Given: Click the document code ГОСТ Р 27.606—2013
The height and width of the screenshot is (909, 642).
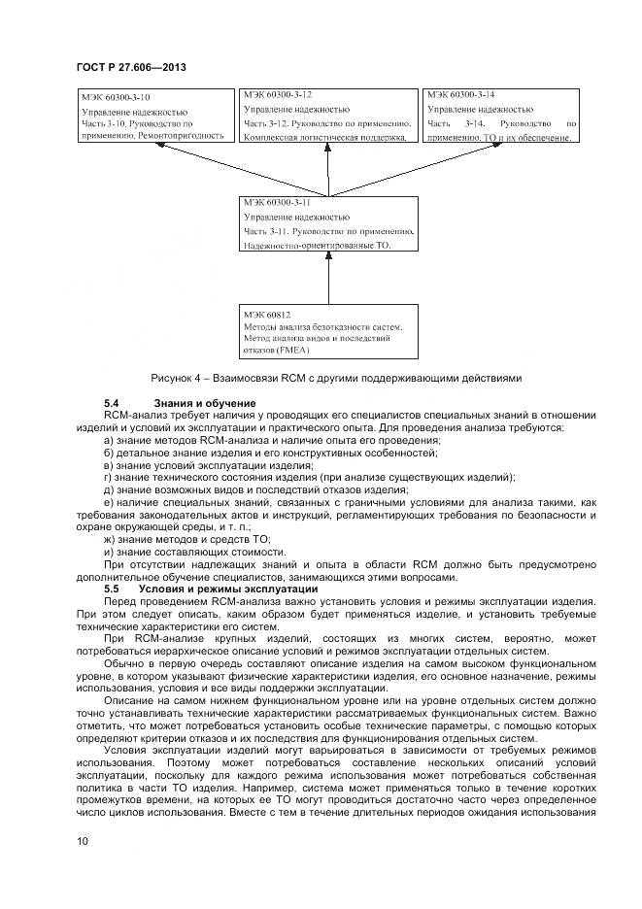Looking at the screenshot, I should (x=130, y=67).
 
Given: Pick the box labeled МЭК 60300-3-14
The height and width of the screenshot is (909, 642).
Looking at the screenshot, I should (x=501, y=117).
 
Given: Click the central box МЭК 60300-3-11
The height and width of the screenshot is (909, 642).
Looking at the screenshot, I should (x=329, y=225).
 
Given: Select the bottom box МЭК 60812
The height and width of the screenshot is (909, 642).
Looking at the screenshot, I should (x=329, y=333).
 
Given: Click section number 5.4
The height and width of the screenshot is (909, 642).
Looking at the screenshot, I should (x=111, y=402).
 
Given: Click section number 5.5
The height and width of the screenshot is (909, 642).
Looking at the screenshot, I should (x=111, y=589).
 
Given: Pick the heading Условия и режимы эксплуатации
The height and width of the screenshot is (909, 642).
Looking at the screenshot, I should (x=229, y=589).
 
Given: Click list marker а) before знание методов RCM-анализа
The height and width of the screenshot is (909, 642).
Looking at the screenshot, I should (x=108, y=440).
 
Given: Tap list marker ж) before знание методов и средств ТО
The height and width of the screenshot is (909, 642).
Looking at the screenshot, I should (x=109, y=539).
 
